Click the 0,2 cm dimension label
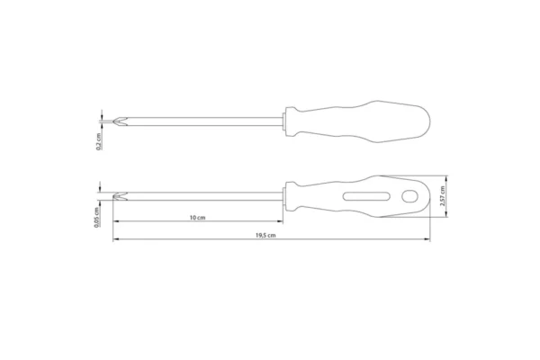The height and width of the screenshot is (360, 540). click(x=99, y=141)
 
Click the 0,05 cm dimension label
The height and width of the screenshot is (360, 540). click(x=97, y=217)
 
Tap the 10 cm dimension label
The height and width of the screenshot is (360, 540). click(x=198, y=218)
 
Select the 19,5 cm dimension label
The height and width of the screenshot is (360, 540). click(x=265, y=236)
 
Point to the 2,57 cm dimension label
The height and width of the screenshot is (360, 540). click(x=443, y=196)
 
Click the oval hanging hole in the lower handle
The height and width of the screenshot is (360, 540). click(x=409, y=196)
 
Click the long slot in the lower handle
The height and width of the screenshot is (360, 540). click(x=366, y=196)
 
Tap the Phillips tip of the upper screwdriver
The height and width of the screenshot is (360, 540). click(x=120, y=121)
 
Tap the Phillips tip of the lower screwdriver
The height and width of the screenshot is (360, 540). click(x=121, y=197)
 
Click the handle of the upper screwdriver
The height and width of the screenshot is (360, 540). click(x=358, y=121)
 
